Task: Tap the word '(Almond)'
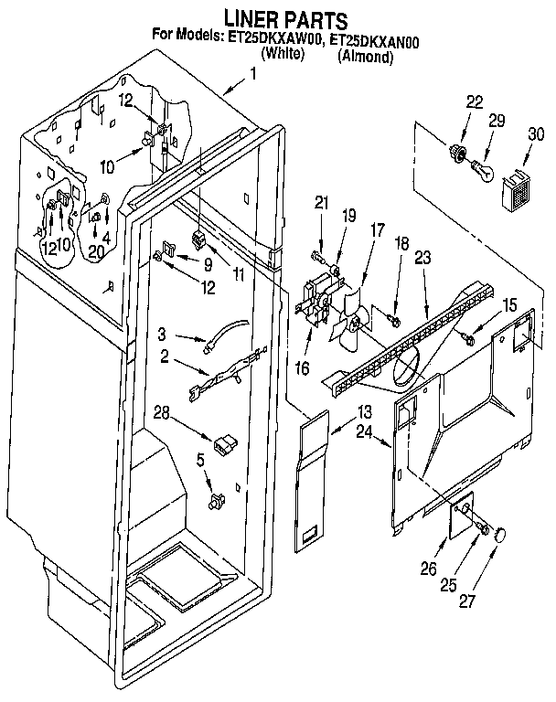pos(366,57)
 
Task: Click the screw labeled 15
pos(470,339)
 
